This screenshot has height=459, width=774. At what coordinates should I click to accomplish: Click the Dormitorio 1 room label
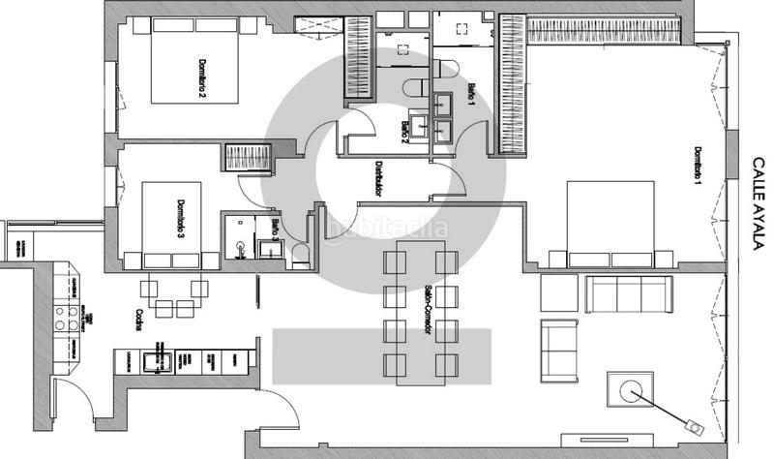pyautogui.click(x=696, y=165)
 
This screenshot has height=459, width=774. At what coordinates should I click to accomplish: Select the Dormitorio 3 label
pyautogui.click(x=181, y=219)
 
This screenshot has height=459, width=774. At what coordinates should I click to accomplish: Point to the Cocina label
pyautogui.click(x=139, y=321)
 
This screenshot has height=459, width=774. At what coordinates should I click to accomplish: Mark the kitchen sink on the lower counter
pyautogui.click(x=152, y=362)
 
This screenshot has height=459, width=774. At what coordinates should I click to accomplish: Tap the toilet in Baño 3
pyautogui.click(x=300, y=255)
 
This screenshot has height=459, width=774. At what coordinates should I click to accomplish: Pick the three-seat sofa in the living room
pyautogui.click(x=628, y=293)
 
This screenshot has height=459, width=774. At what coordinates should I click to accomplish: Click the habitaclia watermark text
pyautogui.click(x=387, y=229)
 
